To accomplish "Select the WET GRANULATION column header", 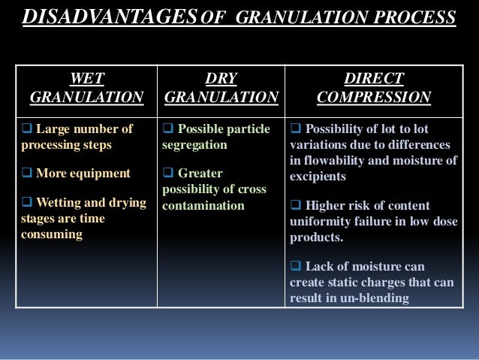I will (x=86, y=88).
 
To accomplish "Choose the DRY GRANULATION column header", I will (x=221, y=88).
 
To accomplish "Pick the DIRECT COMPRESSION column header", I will (x=374, y=88).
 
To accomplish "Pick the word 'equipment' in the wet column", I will (x=98, y=174).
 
